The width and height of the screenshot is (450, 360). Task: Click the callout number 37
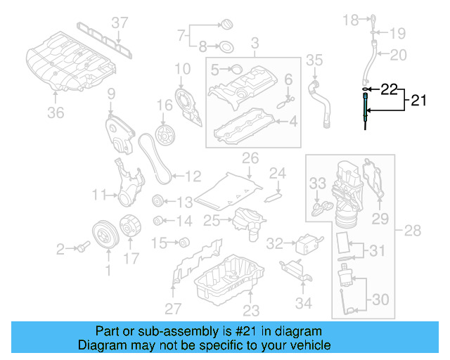coord(120,23)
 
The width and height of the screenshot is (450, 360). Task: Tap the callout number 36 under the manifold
coord(56,112)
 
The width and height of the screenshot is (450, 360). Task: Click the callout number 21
coord(418,101)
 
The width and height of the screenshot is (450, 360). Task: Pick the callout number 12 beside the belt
coord(193,176)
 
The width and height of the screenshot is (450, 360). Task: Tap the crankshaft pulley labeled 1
coord(106,236)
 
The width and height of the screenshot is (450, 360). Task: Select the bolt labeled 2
coord(82,247)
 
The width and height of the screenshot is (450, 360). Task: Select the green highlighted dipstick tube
coord(366,111)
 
